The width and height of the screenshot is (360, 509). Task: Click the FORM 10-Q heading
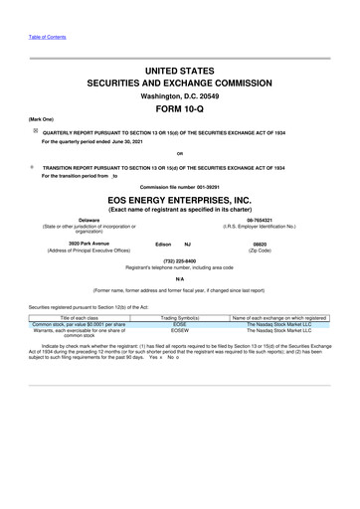180,109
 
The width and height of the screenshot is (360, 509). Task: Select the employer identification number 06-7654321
288,221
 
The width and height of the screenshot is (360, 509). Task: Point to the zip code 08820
288,243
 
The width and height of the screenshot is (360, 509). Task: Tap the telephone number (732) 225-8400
180,261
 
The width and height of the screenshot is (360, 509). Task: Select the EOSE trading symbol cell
180,323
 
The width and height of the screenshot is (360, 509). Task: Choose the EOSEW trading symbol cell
180,330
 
